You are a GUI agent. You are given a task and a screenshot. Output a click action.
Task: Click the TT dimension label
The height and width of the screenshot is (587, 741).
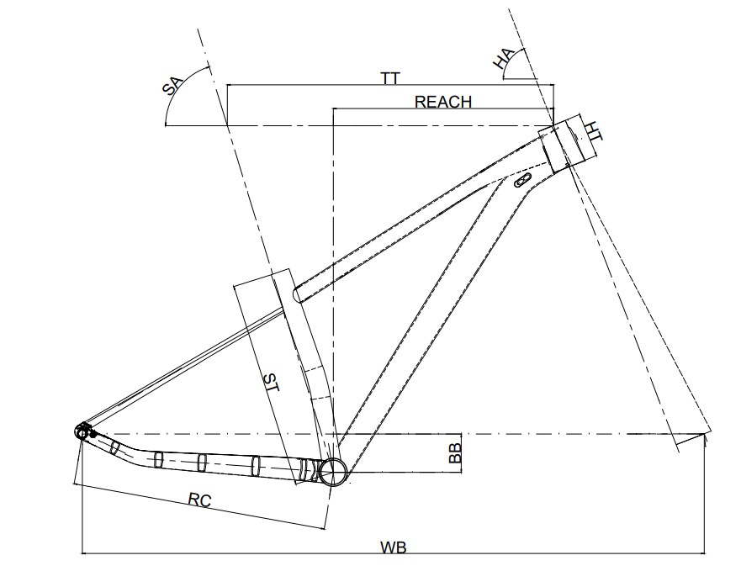pyautogui.click(x=389, y=77)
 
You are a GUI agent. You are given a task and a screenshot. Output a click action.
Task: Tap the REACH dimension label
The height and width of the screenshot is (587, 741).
pyautogui.click(x=443, y=102)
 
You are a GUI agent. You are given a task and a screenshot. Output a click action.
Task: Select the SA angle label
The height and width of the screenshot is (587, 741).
pyautogui.click(x=171, y=88)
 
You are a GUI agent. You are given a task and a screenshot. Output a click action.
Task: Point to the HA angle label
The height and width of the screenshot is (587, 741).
pyautogui.click(x=503, y=59)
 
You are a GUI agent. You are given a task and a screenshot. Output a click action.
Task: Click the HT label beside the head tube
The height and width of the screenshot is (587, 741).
pyautogui.click(x=593, y=131)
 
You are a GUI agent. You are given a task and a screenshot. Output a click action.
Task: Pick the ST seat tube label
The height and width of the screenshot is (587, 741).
pyautogui.click(x=271, y=383)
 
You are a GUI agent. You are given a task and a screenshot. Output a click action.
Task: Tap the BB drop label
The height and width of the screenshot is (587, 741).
pyautogui.click(x=455, y=454)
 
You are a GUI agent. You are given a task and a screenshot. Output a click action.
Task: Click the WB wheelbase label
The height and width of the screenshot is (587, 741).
pyautogui.click(x=393, y=547)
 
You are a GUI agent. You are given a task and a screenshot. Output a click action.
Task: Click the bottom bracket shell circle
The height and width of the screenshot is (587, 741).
pyautogui.click(x=334, y=472)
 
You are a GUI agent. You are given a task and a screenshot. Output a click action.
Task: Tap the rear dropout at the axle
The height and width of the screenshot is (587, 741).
pyautogui.click(x=82, y=432)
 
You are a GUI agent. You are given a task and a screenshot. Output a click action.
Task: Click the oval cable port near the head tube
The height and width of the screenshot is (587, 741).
pyautogui.click(x=521, y=180)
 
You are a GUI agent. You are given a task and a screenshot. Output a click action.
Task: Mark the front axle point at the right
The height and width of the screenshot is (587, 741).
pyautogui.click(x=704, y=436)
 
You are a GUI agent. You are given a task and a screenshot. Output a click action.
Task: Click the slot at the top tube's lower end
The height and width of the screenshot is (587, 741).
pyautogui.click(x=299, y=293)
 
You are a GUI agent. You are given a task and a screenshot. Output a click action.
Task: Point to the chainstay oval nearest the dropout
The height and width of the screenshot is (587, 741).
pyautogui.click(x=114, y=446)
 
